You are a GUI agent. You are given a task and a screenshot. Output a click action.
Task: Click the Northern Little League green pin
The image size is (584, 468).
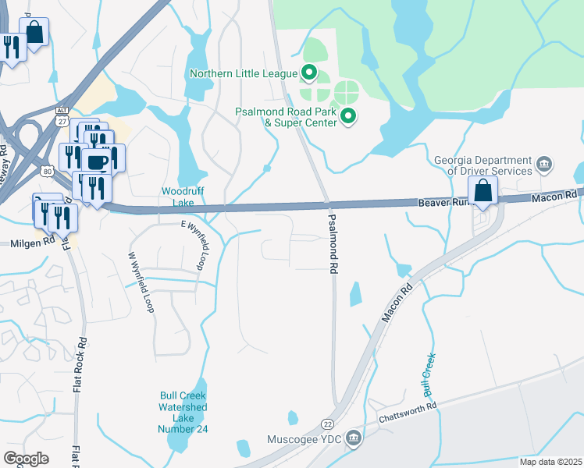[309, 74]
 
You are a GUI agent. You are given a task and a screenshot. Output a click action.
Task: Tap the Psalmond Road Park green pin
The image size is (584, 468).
[348, 118]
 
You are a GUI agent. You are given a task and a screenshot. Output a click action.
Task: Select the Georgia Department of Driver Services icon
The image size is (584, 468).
[545, 165]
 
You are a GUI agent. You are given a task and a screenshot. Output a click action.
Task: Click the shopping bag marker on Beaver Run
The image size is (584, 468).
[483, 191]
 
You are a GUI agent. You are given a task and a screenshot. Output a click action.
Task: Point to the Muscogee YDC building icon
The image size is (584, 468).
[354, 438]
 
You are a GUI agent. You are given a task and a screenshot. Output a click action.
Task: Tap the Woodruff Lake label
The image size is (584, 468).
[178, 197]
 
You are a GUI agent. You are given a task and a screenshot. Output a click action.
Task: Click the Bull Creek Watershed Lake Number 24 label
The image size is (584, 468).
[183, 413]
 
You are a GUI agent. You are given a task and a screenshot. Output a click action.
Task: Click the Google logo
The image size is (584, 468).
[27, 458]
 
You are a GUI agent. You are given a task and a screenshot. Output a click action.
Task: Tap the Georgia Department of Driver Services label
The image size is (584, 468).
[483, 165]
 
